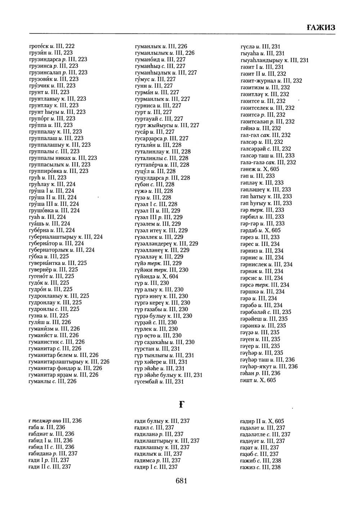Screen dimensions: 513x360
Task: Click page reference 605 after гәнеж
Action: (x=274, y=169)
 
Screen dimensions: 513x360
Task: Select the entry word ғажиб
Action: (x=247, y=460)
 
